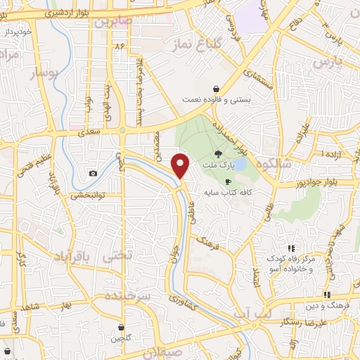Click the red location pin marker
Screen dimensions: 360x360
181,167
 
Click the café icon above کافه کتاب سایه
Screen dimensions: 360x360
227,181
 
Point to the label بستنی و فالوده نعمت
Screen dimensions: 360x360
215,100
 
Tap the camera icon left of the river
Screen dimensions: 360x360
93,173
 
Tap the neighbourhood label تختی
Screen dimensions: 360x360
117,257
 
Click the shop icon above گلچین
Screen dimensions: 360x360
122,328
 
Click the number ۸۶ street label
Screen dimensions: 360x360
120,46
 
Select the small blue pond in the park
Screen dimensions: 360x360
240,163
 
